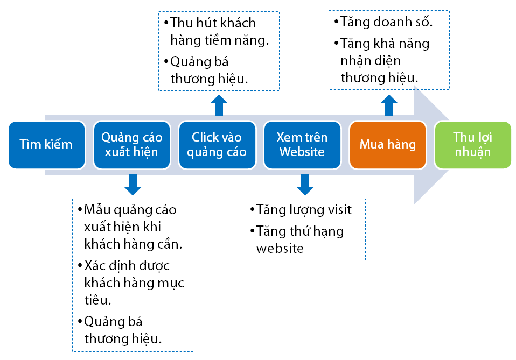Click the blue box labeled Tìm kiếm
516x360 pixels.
pos(47,145)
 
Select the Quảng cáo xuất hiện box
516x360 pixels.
pos(132,145)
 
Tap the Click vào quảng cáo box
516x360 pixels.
pos(217,145)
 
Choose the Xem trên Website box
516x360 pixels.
pos(302,145)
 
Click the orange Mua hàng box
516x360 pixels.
pos(388,145)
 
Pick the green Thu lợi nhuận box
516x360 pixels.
pos(473,145)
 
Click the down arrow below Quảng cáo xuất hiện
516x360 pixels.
pos(133,185)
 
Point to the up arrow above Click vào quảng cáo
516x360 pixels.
pos(219,105)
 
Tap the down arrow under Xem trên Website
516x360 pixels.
pos(305,185)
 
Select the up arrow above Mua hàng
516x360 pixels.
pos(389,105)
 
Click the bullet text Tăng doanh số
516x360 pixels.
pos(383,22)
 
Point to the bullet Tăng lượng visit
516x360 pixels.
pos(301,210)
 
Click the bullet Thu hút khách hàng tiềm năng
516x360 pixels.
pos(217,32)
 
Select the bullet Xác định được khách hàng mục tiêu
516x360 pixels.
pos(131,283)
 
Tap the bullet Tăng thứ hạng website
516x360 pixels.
pos(297,239)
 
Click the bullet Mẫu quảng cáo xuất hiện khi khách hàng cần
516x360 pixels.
pos(130,227)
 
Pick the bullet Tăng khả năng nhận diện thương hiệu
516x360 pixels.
pos(382,61)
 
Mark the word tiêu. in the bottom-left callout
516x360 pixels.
pos(97,300)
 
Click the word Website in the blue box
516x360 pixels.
pos(302,152)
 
